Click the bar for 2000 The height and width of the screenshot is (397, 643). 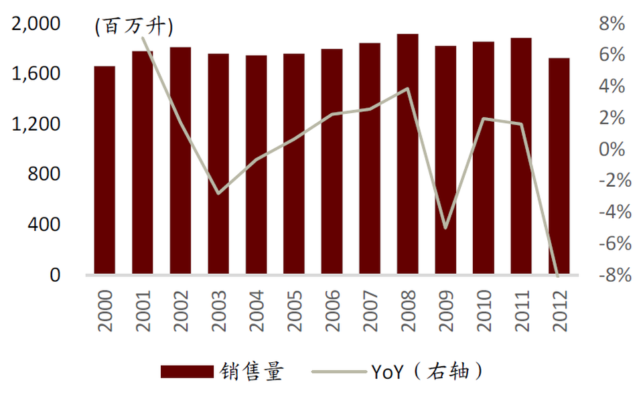[104, 171]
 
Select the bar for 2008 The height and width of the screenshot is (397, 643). [407, 154]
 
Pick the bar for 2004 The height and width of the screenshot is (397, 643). [256, 165]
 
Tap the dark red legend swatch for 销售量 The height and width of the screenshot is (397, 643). [188, 372]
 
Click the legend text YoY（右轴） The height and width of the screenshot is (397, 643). [426, 372]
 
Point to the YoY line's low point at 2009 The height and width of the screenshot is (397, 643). [445, 228]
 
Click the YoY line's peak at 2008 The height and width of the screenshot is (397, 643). [407, 88]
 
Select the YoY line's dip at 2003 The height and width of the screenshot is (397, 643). [218, 193]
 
